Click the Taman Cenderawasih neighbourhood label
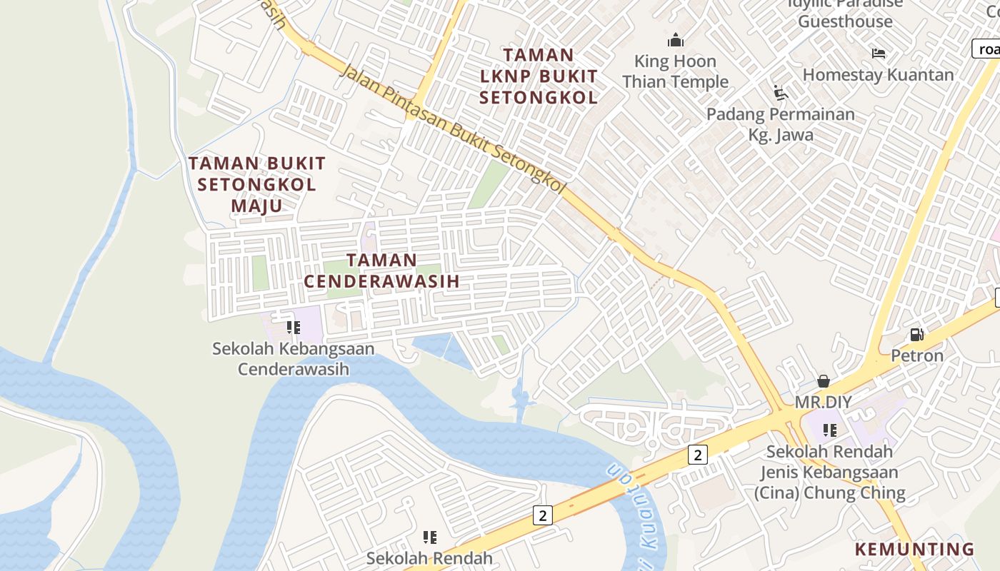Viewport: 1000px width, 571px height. pos(381,271)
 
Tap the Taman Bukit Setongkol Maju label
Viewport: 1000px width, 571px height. pos(257,184)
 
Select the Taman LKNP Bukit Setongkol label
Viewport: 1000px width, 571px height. pos(539,76)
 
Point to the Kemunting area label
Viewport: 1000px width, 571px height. pos(915,549)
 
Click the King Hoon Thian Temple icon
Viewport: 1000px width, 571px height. pos(675,40)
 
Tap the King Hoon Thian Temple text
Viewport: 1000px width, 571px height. pos(675,71)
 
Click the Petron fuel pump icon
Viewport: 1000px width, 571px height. pos(916,334)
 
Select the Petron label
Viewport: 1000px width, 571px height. pos(917,355)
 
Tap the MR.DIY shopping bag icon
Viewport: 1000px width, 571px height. pos(824,380)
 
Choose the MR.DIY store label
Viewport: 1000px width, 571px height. pos(824,402)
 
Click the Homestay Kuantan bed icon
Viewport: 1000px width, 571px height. pos(879,54)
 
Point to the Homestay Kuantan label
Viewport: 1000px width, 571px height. pos(878,74)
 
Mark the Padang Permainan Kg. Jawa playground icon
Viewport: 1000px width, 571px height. pos(781,93)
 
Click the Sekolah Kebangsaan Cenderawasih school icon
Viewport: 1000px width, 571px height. pos(293,328)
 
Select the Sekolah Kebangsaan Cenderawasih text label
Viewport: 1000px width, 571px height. pos(294,358)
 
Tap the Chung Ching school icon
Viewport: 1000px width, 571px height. pos(829,430)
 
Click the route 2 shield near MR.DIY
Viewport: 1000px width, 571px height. pos(697,454)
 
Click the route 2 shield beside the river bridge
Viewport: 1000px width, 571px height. pos(543,515)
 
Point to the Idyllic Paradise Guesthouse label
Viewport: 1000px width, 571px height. pos(846,12)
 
